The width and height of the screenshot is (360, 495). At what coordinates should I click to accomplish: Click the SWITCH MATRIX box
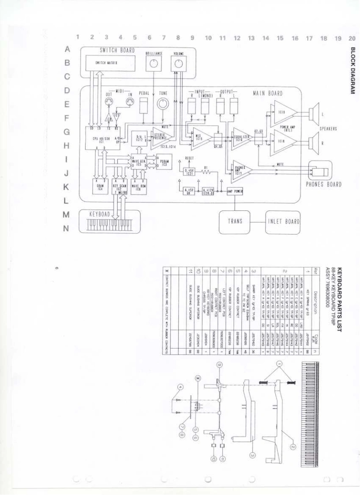click(106, 63)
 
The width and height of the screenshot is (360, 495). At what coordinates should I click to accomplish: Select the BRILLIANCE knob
click(154, 64)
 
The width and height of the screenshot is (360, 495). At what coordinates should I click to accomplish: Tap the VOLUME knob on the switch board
click(178, 64)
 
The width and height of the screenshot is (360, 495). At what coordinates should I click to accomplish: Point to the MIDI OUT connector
click(109, 104)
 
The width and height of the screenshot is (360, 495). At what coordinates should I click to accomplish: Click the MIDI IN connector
click(130, 104)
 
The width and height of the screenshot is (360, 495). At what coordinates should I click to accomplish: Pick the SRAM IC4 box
click(100, 186)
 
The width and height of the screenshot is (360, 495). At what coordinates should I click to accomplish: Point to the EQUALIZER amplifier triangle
click(241, 137)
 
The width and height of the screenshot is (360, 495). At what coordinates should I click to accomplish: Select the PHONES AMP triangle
click(240, 170)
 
